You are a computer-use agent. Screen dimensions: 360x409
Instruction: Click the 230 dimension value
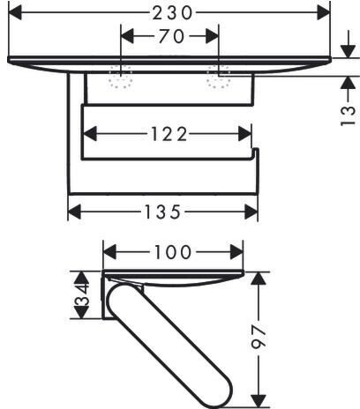tap(172, 13)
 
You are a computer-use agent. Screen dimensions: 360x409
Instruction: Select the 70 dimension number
tap(171, 36)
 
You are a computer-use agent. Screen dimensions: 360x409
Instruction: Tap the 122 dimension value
tap(169, 134)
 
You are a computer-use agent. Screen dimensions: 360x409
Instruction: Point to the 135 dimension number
tap(162, 212)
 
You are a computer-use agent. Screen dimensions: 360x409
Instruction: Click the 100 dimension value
tap(173, 252)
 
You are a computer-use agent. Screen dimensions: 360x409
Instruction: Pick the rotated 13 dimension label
tap(348, 115)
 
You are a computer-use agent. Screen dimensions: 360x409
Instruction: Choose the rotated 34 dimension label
tap(82, 294)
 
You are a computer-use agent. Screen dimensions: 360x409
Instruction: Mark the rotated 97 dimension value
tap(259, 337)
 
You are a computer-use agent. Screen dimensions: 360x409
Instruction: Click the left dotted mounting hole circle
tap(121, 77)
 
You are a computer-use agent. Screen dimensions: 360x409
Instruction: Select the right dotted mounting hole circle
tap(218, 77)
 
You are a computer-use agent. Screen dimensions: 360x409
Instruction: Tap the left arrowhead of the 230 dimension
tap(15, 12)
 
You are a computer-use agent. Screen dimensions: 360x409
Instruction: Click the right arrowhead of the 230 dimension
tap(324, 12)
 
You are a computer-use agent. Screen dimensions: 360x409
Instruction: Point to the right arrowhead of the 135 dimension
tap(251, 212)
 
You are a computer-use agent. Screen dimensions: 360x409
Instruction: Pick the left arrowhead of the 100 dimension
tap(109, 252)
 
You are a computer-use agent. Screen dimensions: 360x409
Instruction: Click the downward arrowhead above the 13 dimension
tap(349, 51)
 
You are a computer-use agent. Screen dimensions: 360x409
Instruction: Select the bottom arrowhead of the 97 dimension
tap(259, 401)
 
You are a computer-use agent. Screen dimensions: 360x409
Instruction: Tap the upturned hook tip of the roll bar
tap(256, 149)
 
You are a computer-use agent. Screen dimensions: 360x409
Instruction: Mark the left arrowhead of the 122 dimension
tap(90, 134)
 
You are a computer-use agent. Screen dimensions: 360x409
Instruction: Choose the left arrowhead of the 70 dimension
tap(127, 36)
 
